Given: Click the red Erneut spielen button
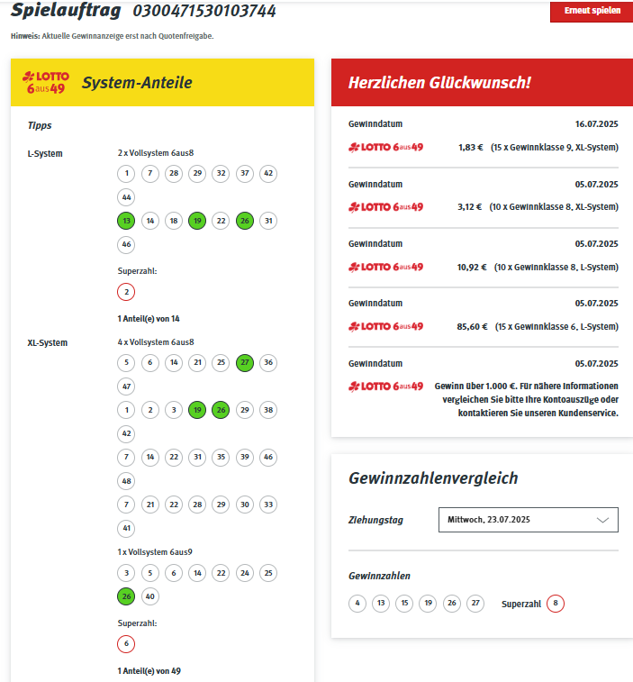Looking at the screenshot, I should coord(591,11).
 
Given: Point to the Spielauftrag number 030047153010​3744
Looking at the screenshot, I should coord(204,12).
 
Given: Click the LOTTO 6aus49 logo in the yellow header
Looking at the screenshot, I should coord(47,83).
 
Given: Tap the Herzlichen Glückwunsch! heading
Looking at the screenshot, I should coord(440,83).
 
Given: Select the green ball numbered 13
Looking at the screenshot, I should coord(126,221).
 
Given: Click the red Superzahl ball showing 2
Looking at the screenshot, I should coord(126,291).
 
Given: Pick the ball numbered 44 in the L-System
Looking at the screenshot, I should coord(126,196).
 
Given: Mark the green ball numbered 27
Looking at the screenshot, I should coord(244,362).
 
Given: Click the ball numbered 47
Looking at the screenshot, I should coord(126,386).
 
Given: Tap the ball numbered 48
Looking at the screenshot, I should coord(126,480).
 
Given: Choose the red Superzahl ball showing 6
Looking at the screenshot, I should coord(126,643).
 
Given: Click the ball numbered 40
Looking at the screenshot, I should coord(149,596).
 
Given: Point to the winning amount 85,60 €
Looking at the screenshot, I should coord(472,326).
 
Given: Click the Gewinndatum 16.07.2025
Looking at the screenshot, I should coord(596,123).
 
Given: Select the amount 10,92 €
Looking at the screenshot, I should coord(472,267).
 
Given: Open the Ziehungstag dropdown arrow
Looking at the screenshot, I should coord(602,520).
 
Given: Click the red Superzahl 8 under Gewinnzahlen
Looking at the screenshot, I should coord(556,604).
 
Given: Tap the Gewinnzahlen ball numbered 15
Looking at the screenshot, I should coord(404,604).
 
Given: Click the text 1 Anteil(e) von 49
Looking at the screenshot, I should coord(149,670).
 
